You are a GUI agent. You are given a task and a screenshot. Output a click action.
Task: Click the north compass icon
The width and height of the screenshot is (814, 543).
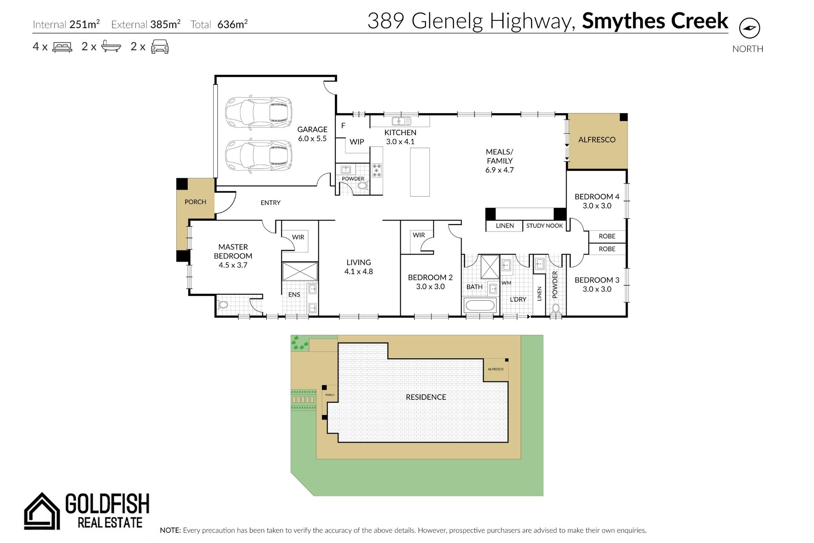point(749,28)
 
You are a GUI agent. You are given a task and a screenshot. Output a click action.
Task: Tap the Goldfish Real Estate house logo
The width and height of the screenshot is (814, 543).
point(42,511)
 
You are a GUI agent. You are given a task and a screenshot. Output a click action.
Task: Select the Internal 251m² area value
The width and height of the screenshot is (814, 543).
point(85,24)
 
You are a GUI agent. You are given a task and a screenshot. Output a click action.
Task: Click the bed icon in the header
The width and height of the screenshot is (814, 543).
point(62,47)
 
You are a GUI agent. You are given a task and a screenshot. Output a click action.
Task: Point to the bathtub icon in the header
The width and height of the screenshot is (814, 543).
point(111,46)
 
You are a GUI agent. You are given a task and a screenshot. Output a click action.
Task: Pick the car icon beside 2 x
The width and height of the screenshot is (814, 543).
point(160,47)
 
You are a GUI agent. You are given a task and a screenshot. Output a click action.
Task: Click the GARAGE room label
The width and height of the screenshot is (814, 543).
point(312,129)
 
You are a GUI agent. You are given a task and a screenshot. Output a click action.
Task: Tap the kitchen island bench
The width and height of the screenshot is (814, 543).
point(420,172)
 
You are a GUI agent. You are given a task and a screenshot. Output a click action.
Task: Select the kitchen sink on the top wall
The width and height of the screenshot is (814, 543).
point(401,121)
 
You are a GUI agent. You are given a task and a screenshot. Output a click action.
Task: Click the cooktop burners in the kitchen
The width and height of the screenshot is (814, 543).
point(376,170)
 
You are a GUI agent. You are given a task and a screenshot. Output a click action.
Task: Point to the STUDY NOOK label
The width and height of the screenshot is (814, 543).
point(545,226)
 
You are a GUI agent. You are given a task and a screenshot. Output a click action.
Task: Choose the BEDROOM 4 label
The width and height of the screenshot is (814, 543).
point(597,197)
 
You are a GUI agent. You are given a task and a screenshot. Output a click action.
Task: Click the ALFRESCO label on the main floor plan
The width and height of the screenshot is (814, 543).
point(597,140)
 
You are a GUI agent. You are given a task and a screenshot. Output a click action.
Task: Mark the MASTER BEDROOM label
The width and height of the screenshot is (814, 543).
point(233,252)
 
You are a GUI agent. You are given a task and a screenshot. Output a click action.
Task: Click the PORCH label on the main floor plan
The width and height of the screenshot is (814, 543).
point(195,202)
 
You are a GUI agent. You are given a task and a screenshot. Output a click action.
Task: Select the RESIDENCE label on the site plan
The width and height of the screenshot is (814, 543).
point(426,397)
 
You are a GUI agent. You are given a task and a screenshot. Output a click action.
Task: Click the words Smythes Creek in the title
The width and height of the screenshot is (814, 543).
point(655,21)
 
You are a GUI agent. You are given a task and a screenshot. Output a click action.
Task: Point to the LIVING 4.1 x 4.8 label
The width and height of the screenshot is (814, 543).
point(359,267)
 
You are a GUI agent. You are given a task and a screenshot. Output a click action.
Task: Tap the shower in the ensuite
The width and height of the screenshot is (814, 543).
point(300,271)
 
